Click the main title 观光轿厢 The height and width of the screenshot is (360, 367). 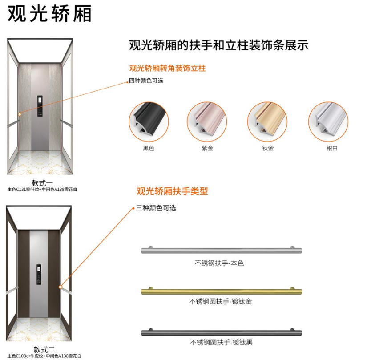[x=49, y=13]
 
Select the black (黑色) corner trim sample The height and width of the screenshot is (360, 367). [x=149, y=121]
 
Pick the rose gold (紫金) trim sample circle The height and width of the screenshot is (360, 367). [x=207, y=121]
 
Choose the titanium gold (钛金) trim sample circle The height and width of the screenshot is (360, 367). [x=267, y=121]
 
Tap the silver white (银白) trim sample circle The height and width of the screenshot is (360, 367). [x=328, y=121]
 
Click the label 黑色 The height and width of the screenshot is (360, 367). [x=149, y=148]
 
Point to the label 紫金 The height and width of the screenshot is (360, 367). [x=207, y=148]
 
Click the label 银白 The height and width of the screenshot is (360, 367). [x=332, y=148]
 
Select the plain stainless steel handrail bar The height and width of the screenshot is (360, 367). [x=222, y=250]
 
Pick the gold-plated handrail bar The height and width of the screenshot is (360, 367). [x=222, y=291]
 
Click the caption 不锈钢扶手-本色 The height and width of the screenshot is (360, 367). [x=219, y=263]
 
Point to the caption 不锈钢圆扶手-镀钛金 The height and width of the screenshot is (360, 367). [x=220, y=301]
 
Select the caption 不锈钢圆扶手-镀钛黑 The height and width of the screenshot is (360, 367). [x=221, y=343]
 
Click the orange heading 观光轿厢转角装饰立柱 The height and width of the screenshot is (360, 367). [x=167, y=69]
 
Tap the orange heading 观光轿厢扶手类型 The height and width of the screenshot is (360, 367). [x=172, y=191]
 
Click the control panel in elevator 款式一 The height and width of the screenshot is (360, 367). [x=40, y=106]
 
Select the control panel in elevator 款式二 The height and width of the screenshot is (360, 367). [x=39, y=275]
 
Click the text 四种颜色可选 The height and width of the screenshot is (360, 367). [x=146, y=81]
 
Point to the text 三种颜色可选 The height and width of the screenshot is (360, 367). [x=156, y=208]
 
